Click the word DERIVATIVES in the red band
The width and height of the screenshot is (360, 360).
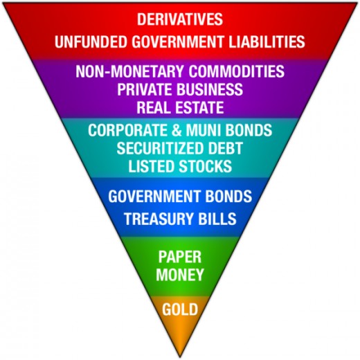click(x=180, y=19)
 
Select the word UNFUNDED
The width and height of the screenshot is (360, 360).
click(x=91, y=42)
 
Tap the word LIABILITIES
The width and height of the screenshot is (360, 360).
click(x=267, y=42)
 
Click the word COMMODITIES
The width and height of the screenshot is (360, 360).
click(x=237, y=71)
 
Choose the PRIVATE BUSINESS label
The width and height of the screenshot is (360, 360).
click(x=180, y=89)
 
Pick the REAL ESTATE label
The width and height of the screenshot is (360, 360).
click(x=180, y=107)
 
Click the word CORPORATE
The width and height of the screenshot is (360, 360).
click(x=127, y=130)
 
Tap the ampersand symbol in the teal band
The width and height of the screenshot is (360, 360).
click(x=177, y=130)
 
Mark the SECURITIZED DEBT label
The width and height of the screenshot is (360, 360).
click(x=180, y=148)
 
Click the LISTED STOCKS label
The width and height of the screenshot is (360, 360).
click(x=180, y=166)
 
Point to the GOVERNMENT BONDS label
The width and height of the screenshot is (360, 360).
click(x=180, y=197)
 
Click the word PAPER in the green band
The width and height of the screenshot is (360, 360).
click(x=180, y=257)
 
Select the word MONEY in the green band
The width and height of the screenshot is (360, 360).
click(x=180, y=274)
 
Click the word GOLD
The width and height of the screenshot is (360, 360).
click(x=180, y=309)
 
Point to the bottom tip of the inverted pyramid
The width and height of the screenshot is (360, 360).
click(x=180, y=357)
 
